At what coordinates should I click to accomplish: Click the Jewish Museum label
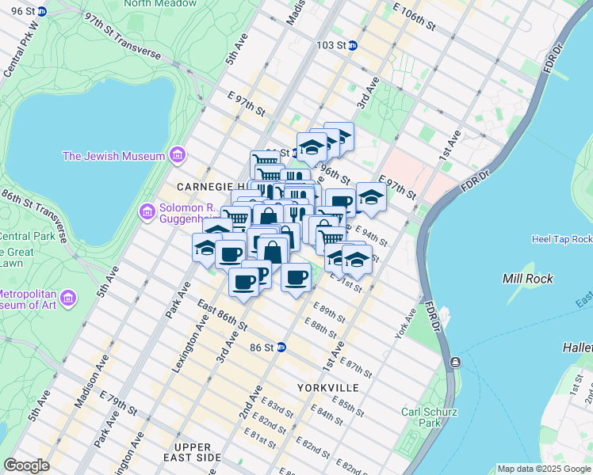tap(113, 156)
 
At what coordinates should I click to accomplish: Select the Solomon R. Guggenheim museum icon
tap(147, 211)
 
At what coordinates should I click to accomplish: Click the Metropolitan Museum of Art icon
tap(70, 298)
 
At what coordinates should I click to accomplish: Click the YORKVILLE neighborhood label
tap(328, 387)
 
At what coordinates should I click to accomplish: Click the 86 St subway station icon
tap(281, 348)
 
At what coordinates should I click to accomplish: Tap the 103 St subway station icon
tap(353, 45)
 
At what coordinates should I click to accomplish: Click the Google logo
tap(27, 465)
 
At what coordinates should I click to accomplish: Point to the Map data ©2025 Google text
tap(544, 469)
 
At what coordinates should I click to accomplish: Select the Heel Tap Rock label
tap(562, 238)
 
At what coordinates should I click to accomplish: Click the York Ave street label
tap(406, 324)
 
